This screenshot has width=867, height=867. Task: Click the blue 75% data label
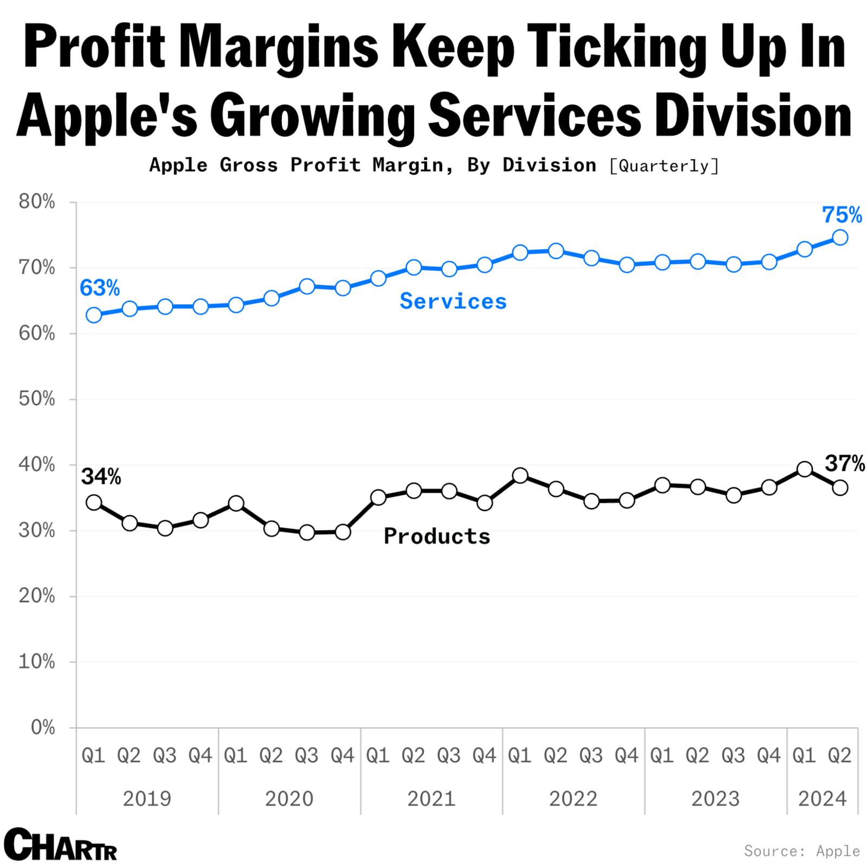[x=842, y=215]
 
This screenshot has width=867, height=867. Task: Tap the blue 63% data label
[x=100, y=288]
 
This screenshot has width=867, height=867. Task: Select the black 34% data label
[x=101, y=477]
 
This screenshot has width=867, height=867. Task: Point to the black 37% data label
[x=844, y=464]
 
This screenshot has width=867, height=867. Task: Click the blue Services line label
[x=453, y=301]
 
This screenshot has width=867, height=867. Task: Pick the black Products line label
[x=437, y=536]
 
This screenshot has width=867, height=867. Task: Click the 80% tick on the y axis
[x=37, y=202]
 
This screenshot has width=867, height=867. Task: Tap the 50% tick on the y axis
[x=37, y=399]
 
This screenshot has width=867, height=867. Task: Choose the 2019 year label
[x=147, y=799]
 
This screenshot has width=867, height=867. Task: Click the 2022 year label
[x=573, y=799]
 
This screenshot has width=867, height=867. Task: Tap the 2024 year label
[x=822, y=799]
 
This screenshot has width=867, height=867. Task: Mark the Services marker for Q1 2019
[x=94, y=315]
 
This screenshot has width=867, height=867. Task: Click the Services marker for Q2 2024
[x=840, y=237]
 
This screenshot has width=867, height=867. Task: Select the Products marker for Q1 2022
[x=520, y=476]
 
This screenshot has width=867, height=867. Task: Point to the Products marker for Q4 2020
[x=342, y=532]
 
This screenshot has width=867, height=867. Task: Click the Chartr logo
[x=60, y=844]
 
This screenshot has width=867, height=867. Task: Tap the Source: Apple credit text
[x=801, y=851]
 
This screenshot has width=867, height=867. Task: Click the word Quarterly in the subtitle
[x=664, y=165]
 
